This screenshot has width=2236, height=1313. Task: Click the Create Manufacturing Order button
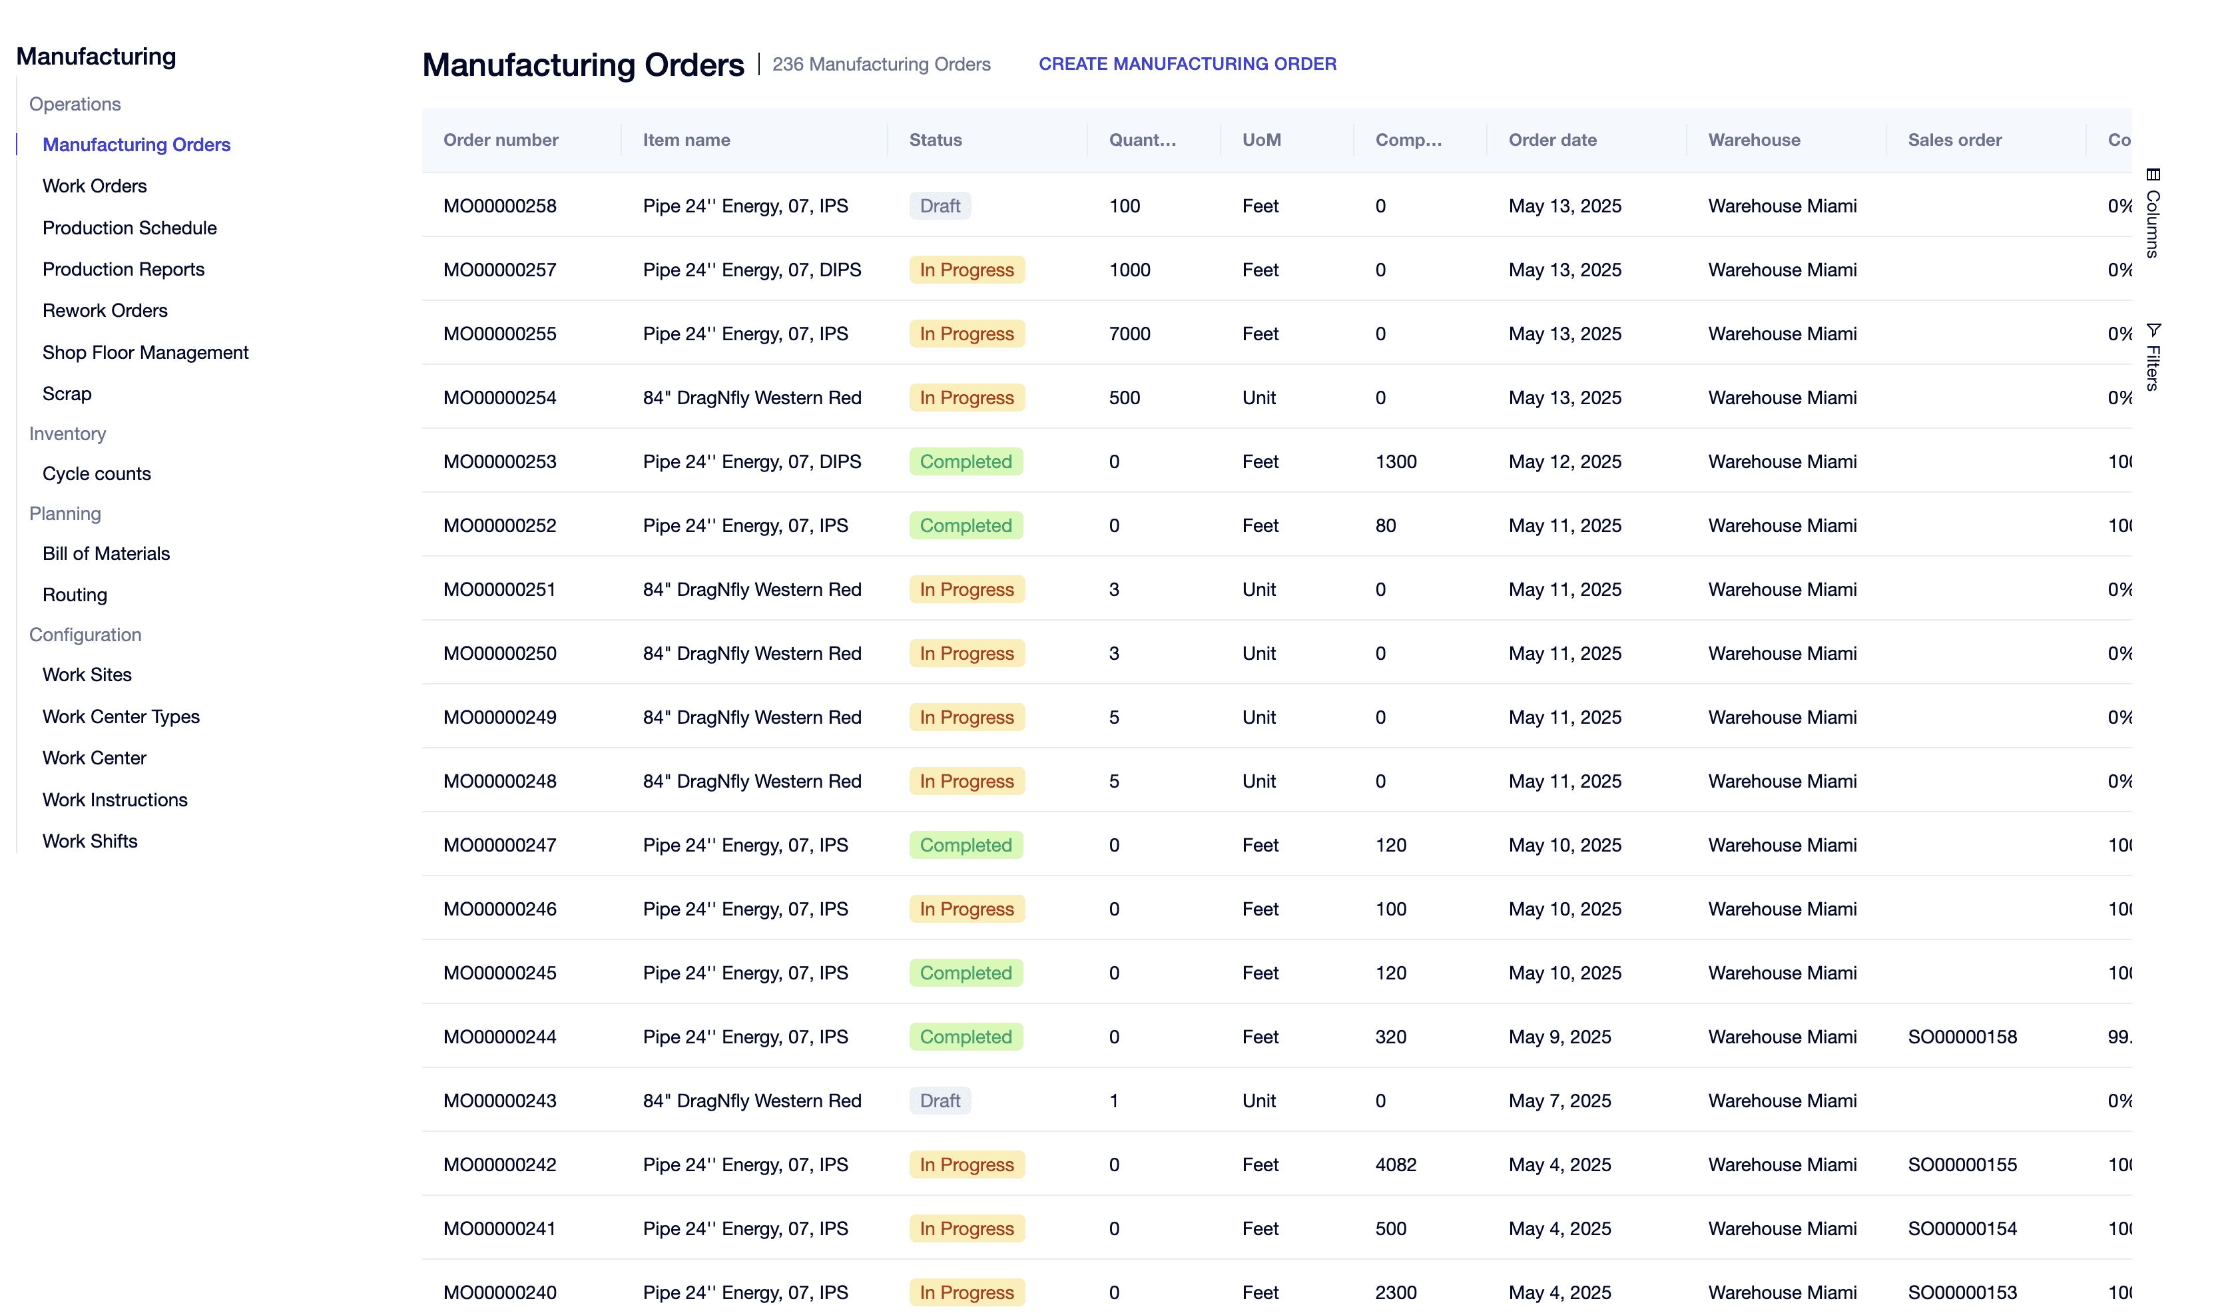(x=1187, y=64)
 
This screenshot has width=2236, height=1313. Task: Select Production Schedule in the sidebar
(x=130, y=228)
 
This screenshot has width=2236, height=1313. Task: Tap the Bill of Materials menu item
(x=107, y=553)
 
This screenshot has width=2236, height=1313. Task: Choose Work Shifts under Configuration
(x=91, y=841)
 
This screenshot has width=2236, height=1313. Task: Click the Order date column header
(x=1553, y=140)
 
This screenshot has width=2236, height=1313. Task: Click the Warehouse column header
(x=1754, y=140)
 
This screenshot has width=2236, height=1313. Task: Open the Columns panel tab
(x=2153, y=213)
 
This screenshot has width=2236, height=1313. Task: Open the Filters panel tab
(x=2153, y=357)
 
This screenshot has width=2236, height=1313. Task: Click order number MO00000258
(x=499, y=206)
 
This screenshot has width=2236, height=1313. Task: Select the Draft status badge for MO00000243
(x=940, y=1101)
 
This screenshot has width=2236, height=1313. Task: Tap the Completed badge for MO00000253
(x=966, y=461)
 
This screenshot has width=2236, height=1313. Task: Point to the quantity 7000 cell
(x=1129, y=334)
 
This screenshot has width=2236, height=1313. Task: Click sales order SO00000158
(x=1962, y=1037)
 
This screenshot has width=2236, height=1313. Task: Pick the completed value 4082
(x=1396, y=1165)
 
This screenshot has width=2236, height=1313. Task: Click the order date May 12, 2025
(x=1565, y=461)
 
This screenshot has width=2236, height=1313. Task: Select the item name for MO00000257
(x=752, y=270)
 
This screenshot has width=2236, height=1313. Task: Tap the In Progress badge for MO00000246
(x=966, y=910)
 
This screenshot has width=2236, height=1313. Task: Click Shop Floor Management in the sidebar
(x=146, y=352)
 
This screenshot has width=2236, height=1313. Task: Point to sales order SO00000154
(x=1962, y=1228)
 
